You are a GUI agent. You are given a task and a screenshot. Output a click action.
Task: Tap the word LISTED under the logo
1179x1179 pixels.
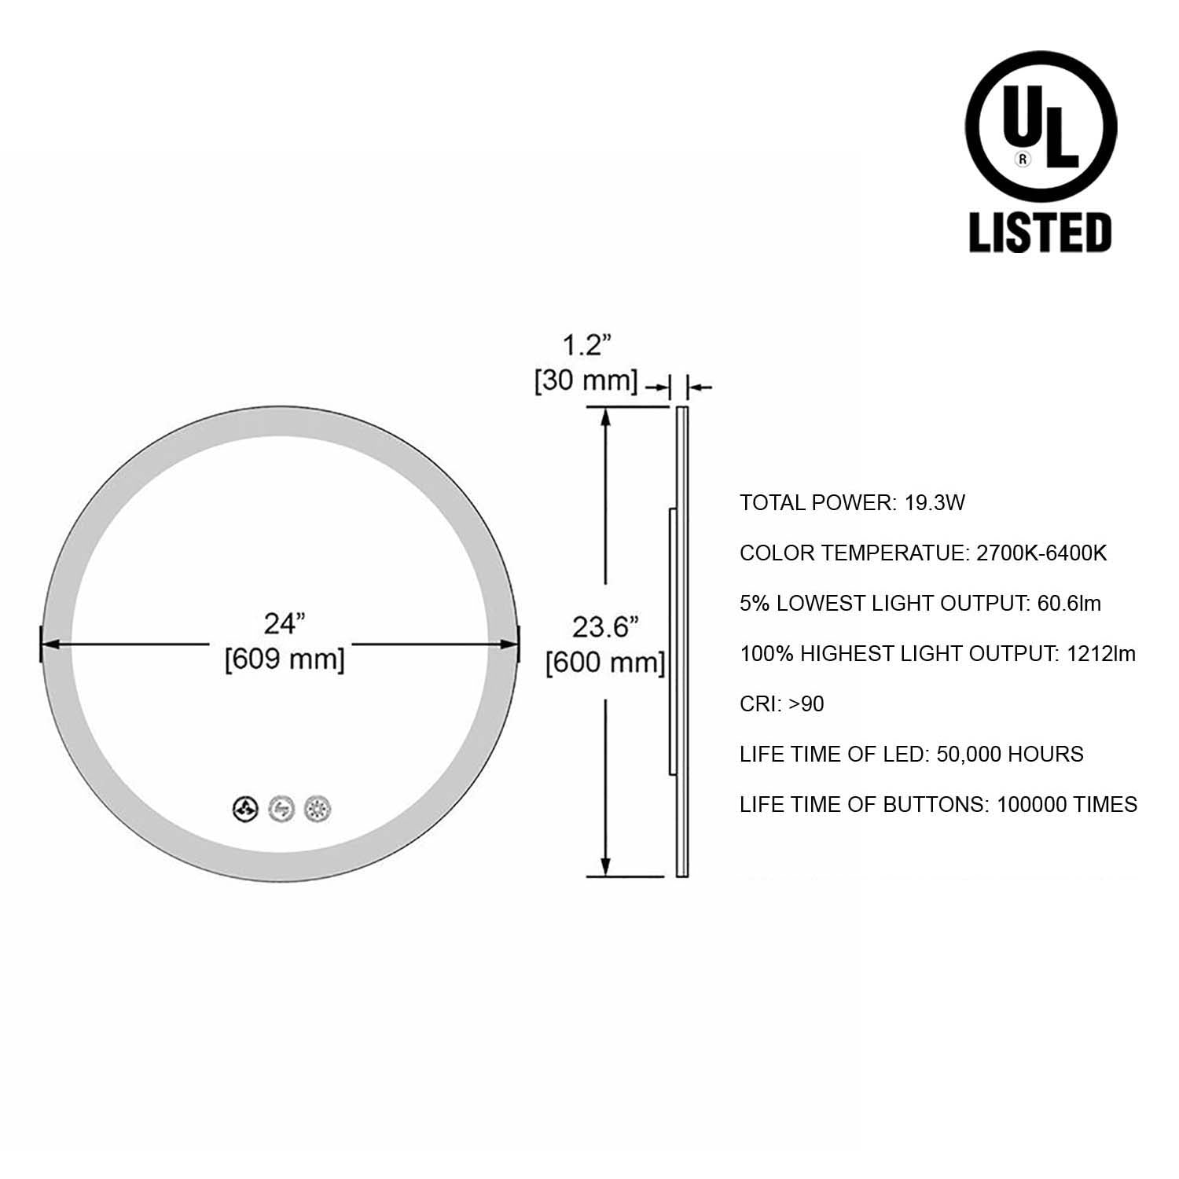tap(1041, 232)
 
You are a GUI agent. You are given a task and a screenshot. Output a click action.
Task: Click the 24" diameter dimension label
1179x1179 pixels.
tap(285, 623)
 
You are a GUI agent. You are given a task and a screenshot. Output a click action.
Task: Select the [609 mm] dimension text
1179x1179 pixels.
tap(285, 658)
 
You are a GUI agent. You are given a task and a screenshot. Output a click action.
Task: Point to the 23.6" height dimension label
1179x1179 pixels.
tap(605, 627)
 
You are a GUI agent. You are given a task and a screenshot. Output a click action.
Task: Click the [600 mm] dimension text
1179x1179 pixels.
tap(605, 663)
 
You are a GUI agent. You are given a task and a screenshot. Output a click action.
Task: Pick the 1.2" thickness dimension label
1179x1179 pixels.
tap(586, 344)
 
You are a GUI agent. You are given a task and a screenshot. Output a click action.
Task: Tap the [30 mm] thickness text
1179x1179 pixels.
tap(586, 380)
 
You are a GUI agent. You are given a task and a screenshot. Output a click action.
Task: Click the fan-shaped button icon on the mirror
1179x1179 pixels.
tap(246, 808)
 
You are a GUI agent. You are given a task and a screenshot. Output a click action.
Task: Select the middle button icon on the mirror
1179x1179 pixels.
tap(282, 808)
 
